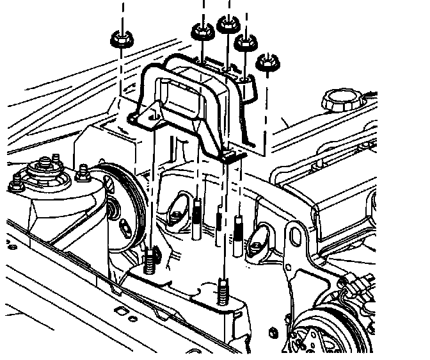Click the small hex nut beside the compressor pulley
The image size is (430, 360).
(x=273, y=332)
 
